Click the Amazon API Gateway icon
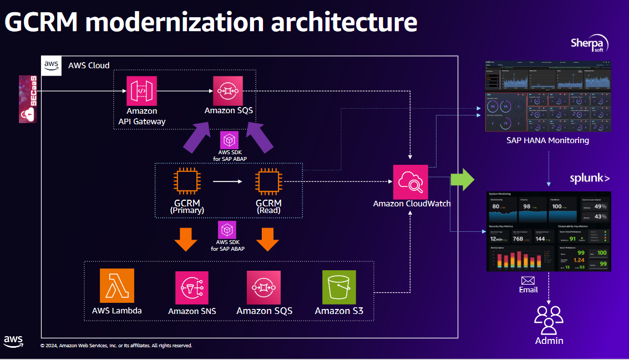click(x=141, y=91)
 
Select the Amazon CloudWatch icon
click(x=410, y=181)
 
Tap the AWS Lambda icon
click(x=117, y=286)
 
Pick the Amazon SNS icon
click(x=192, y=288)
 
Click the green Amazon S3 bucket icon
click(x=339, y=287)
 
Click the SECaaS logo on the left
click(x=28, y=99)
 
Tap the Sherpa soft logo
click(x=590, y=44)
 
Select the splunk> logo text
click(x=590, y=178)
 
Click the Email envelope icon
click(x=528, y=281)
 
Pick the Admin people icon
click(x=549, y=320)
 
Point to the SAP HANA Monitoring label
click(x=547, y=140)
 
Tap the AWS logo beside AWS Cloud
click(x=52, y=65)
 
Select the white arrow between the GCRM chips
click(x=227, y=181)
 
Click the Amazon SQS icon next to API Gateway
click(x=229, y=91)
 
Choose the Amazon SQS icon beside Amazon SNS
click(x=264, y=288)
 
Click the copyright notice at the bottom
click(x=116, y=346)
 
